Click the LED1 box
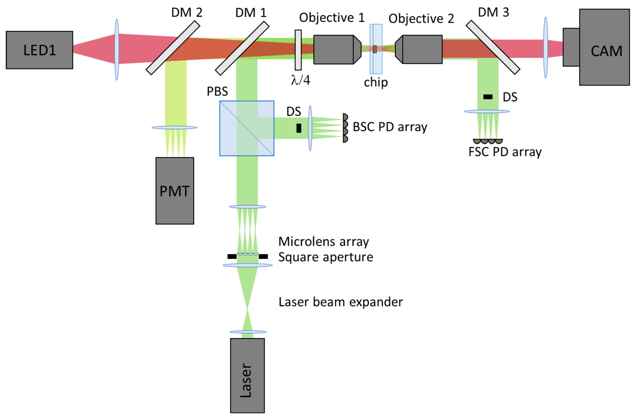39,50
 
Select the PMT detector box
175,191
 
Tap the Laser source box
247,375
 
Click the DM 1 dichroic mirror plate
242,48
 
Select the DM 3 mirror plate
493,47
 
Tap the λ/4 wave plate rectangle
298,50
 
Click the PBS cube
246,128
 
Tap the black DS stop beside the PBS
299,128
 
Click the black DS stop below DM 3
488,97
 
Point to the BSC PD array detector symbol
345,128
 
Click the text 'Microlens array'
323,241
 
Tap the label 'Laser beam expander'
340,302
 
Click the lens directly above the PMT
174,127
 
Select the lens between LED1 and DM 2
117,50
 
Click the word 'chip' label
375,82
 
